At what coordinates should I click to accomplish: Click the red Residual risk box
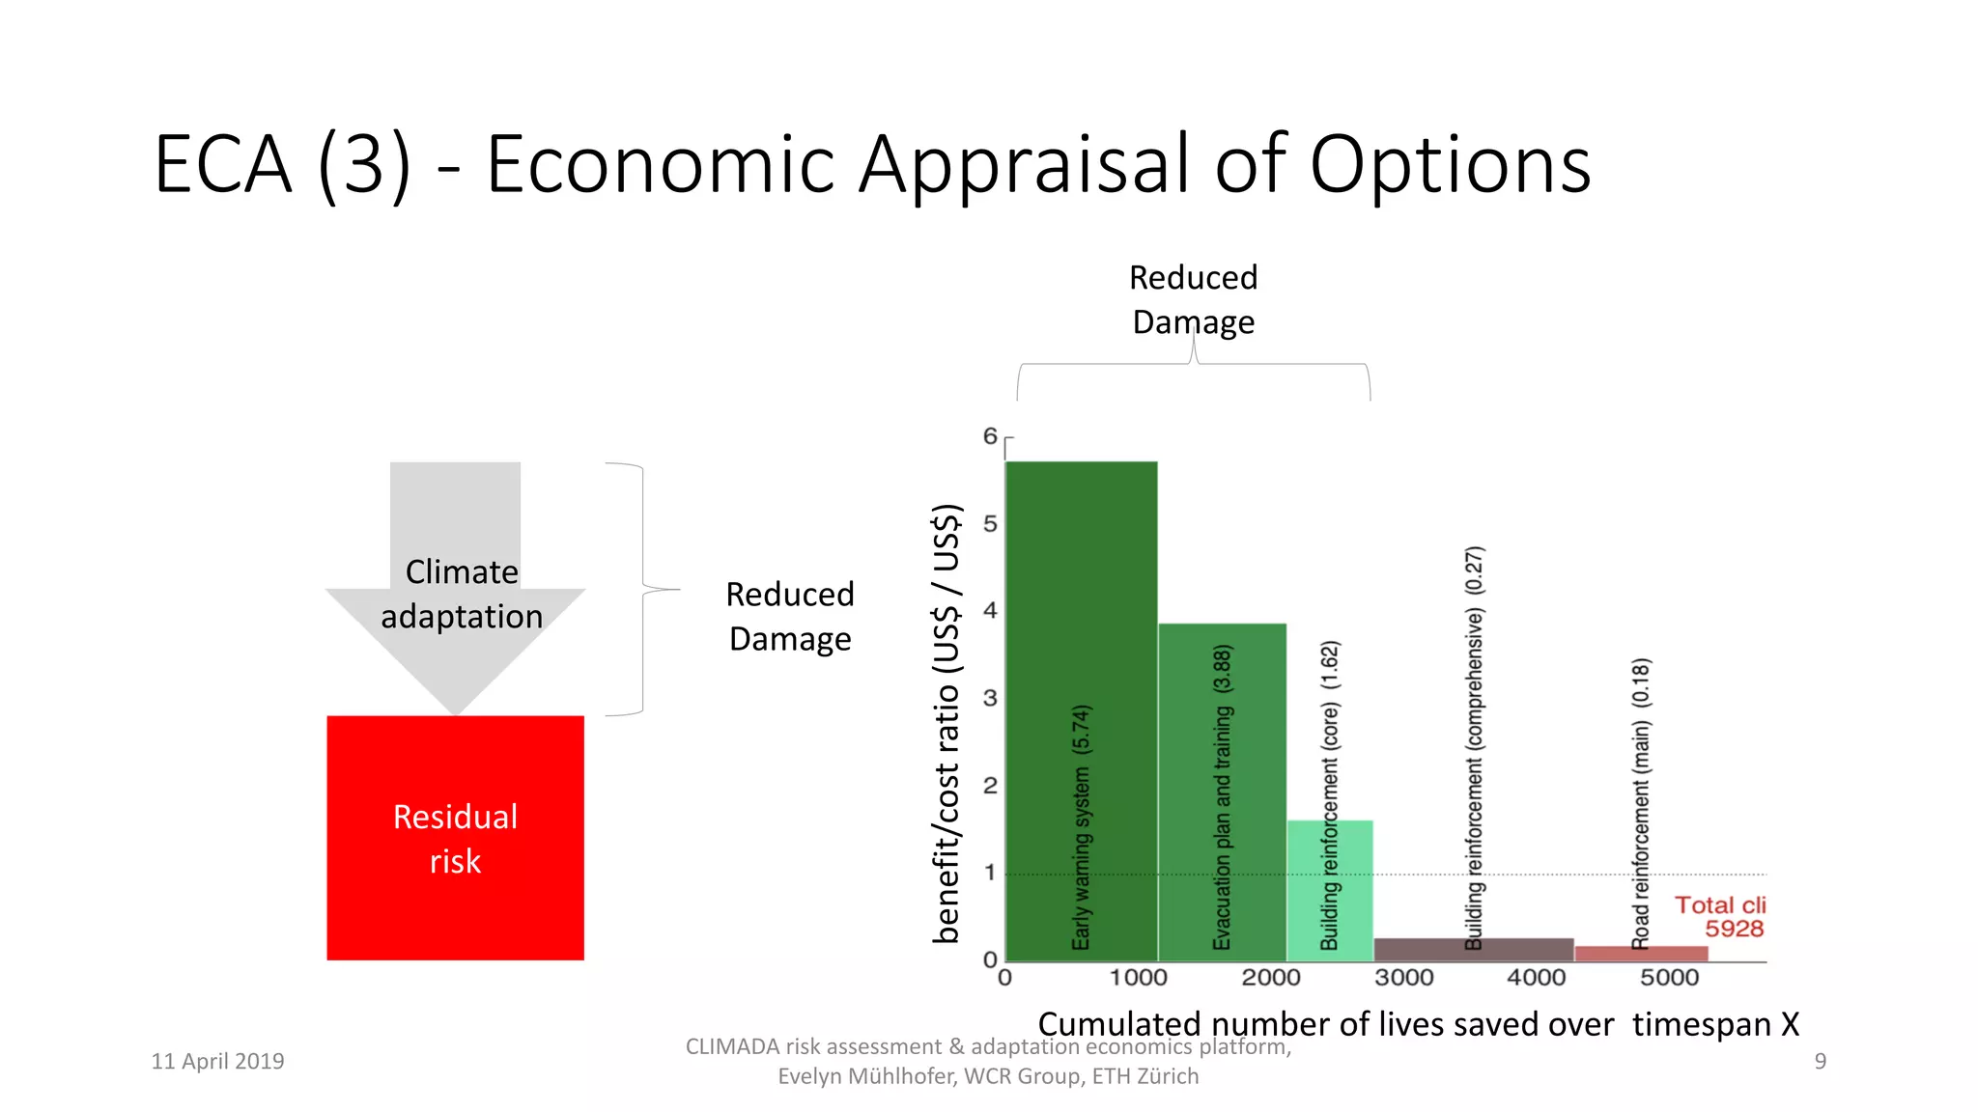455,838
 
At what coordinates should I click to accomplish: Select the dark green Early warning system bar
1081,676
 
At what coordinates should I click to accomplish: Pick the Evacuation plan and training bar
1222,772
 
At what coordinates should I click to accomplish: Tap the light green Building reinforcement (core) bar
1330,888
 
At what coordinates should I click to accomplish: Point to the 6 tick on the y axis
990,436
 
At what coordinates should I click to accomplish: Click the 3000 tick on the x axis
1403,978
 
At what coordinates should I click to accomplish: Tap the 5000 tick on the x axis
1669,978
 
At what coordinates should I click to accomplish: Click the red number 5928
1734,929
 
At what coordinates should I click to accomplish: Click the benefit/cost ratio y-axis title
947,724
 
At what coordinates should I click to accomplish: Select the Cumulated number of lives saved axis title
1418,1024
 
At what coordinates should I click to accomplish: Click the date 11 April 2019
217,1061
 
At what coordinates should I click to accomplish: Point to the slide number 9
1820,1061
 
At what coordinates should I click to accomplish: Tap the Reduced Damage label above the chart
1193,299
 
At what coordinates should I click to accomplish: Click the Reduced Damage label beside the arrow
790,616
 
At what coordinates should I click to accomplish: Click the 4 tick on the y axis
990,610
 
